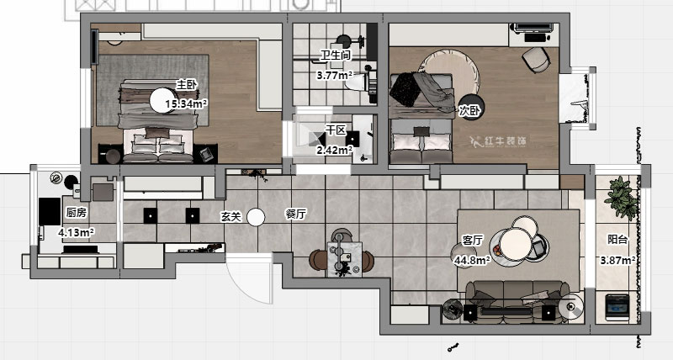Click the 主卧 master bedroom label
click(186, 84)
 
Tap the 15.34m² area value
click(187, 103)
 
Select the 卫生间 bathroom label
click(336, 56)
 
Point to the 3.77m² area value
click(335, 76)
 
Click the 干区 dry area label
click(336, 130)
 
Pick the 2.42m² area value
click(334, 151)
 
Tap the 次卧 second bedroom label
click(469, 111)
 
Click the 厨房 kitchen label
click(77, 213)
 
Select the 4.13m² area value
click(76, 232)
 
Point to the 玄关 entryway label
click(231, 217)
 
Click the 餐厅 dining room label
click(296, 214)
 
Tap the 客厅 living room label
click(472, 241)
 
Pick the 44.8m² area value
click(472, 260)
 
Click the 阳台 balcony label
click(617, 240)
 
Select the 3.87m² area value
click(617, 260)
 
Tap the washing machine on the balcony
click(617, 307)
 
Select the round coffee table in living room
click(516, 244)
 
